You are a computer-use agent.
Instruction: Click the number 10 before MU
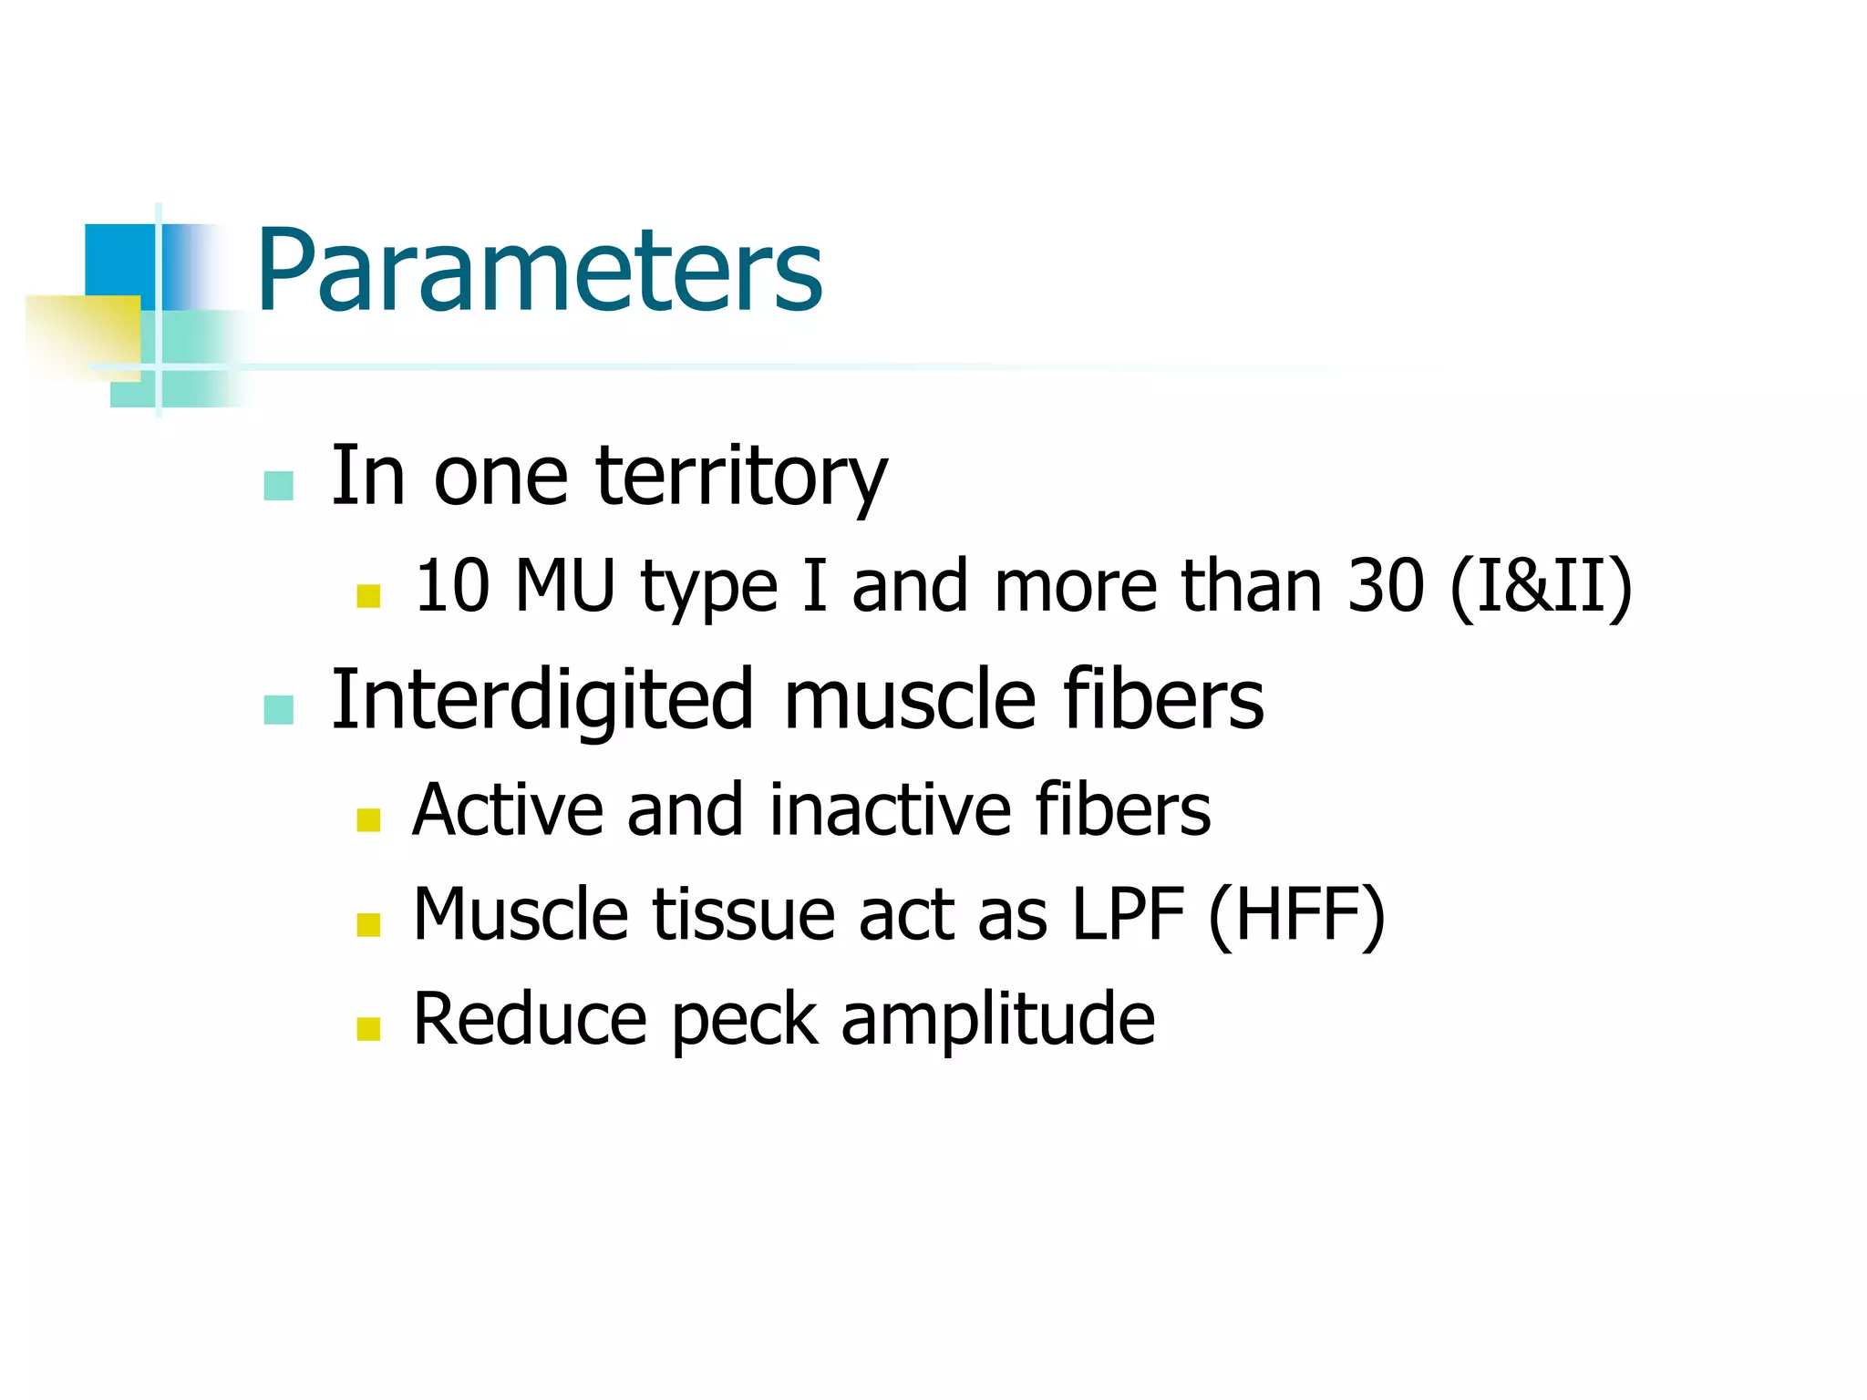452,585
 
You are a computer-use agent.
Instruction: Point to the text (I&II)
1541,585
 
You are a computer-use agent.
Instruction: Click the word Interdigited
542,700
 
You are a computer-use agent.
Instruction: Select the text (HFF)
1296,914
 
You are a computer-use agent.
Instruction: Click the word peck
744,1019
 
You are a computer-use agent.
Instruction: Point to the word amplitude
997,1019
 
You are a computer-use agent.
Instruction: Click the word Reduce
530,1019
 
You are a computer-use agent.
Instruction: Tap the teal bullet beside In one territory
278,486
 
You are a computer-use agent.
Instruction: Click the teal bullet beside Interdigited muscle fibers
278,709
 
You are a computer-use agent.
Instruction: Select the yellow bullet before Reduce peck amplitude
368,1029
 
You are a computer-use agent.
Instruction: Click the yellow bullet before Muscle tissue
368,924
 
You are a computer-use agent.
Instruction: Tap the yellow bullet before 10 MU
368,596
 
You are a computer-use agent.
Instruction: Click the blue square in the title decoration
119,259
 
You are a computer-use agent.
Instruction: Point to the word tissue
743,914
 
